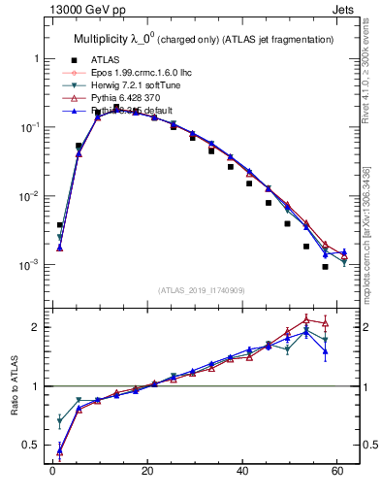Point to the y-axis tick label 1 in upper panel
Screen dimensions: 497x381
pos(36,59)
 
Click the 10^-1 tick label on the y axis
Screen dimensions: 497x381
pos(30,127)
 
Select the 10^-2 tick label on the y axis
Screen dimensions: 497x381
pos(30,196)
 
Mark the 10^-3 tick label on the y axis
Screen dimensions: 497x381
pos(30,265)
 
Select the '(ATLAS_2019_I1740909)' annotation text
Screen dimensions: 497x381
pos(200,290)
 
